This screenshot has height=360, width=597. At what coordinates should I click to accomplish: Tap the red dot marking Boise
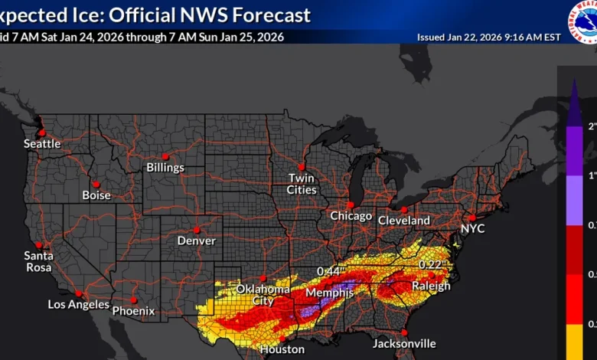pyautogui.click(x=96, y=184)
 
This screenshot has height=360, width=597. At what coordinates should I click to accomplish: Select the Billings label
pyautogui.click(x=166, y=167)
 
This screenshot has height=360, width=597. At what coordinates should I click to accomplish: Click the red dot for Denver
pyautogui.click(x=197, y=230)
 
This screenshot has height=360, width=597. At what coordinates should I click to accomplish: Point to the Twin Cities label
pyautogui.click(x=302, y=184)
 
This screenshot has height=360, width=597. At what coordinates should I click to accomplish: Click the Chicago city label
pyautogui.click(x=351, y=216)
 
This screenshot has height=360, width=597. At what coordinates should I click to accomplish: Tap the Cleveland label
pyautogui.click(x=404, y=221)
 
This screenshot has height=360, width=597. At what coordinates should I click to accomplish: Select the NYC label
pyautogui.click(x=472, y=228)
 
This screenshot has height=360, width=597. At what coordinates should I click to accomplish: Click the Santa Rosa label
pyautogui.click(x=38, y=261)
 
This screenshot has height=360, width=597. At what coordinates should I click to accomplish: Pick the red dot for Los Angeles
pyautogui.click(x=78, y=293)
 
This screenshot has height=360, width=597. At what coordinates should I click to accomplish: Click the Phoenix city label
pyautogui.click(x=133, y=311)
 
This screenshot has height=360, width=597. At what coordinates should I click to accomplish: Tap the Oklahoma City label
pyautogui.click(x=263, y=295)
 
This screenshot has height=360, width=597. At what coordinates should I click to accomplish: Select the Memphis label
pyautogui.click(x=329, y=293)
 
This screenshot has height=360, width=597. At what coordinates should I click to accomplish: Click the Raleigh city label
pyautogui.click(x=431, y=286)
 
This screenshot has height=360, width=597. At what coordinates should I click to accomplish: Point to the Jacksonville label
pyautogui.click(x=404, y=344)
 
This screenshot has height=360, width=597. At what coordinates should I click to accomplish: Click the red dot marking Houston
pyautogui.click(x=282, y=339)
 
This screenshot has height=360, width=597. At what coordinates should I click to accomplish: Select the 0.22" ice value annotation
pyautogui.click(x=431, y=264)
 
